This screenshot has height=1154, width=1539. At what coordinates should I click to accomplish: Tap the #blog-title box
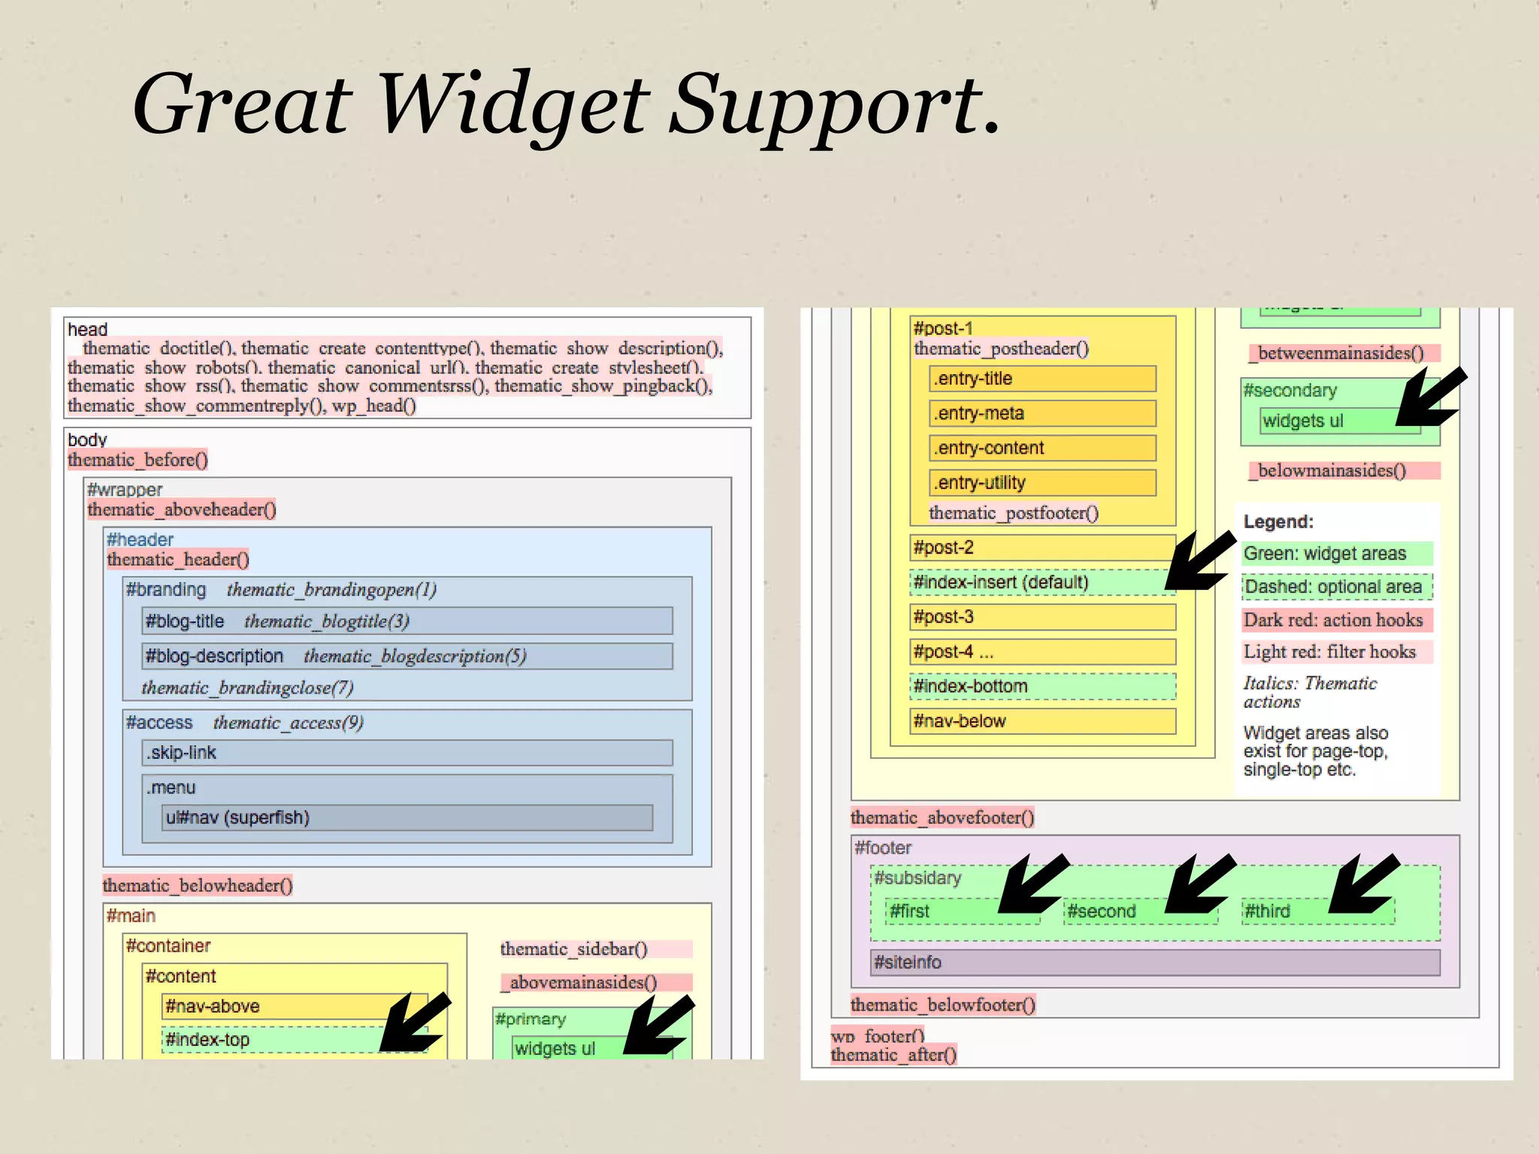[x=407, y=621]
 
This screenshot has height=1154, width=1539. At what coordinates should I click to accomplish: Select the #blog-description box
[x=407, y=656]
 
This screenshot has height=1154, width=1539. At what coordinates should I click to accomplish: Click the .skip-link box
[x=407, y=753]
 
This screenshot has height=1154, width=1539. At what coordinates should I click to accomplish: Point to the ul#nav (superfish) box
[x=407, y=817]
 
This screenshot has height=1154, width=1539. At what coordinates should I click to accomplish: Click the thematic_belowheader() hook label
[x=198, y=885]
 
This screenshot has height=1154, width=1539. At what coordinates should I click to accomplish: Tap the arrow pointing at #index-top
[x=415, y=1023]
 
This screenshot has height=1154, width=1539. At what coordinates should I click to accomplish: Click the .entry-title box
[x=1042, y=379]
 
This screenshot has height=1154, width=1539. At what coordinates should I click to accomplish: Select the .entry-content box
[x=1042, y=448]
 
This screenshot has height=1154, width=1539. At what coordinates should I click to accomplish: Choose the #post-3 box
[x=1042, y=617]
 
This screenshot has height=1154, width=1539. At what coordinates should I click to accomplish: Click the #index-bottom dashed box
[x=1042, y=686]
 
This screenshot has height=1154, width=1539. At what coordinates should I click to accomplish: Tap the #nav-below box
[x=1042, y=721]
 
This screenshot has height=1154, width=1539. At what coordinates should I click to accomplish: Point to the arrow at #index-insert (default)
[x=1199, y=562]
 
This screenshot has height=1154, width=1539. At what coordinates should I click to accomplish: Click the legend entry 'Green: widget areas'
[x=1337, y=554]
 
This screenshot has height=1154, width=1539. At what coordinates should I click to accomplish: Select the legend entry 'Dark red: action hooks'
[x=1337, y=620]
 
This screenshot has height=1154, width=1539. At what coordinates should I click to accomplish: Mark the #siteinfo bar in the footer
[x=1155, y=962]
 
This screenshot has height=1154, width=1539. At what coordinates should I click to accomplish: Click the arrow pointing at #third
[x=1363, y=884]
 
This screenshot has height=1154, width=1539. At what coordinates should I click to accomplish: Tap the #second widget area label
[x=1102, y=911]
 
